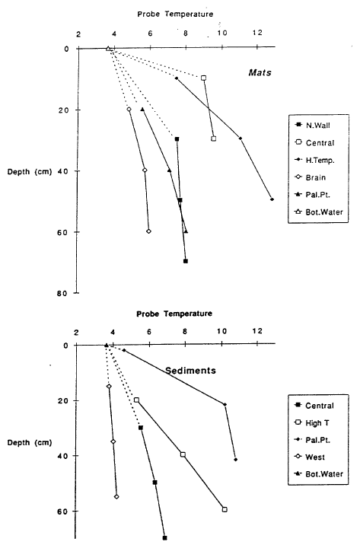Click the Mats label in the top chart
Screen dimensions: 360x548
260,73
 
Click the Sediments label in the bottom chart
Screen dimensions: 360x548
190,371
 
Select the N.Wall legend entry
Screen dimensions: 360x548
313,126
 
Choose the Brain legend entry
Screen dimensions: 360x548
311,177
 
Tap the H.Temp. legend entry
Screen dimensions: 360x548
315,161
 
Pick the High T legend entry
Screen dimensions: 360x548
312,423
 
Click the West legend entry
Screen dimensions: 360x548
310,457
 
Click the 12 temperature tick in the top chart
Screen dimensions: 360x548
257,33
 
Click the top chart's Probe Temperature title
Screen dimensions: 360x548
175,14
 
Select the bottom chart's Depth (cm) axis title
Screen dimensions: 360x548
30,443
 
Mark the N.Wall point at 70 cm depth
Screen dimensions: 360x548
186,261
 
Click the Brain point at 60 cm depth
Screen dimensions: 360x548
148,231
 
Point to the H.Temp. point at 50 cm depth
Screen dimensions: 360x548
272,199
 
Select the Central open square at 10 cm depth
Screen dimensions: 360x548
203,78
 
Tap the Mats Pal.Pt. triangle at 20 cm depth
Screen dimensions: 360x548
142,110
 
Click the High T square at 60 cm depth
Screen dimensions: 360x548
225,509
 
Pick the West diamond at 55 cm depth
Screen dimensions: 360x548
116,496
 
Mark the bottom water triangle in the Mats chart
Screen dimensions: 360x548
108,49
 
